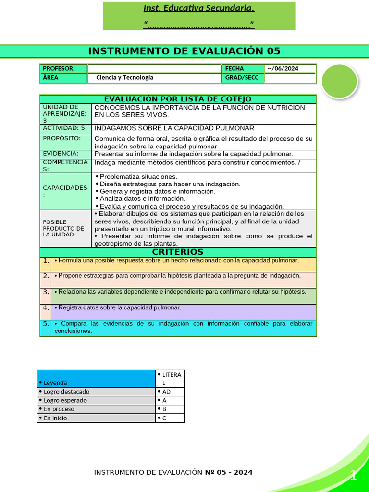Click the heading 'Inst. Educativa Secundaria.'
click(199, 8)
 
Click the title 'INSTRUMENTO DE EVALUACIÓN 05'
click(184, 51)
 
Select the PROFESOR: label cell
click(63, 69)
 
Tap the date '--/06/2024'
click(283, 69)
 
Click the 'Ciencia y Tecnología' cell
click(125, 78)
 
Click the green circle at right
click(339, 81)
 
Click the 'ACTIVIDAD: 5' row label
click(64, 129)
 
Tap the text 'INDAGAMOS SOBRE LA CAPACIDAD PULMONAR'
click(174, 128)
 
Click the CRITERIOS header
click(178, 252)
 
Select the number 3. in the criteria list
click(46, 292)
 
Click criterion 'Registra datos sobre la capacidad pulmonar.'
click(118, 307)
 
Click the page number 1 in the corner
click(354, 476)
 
